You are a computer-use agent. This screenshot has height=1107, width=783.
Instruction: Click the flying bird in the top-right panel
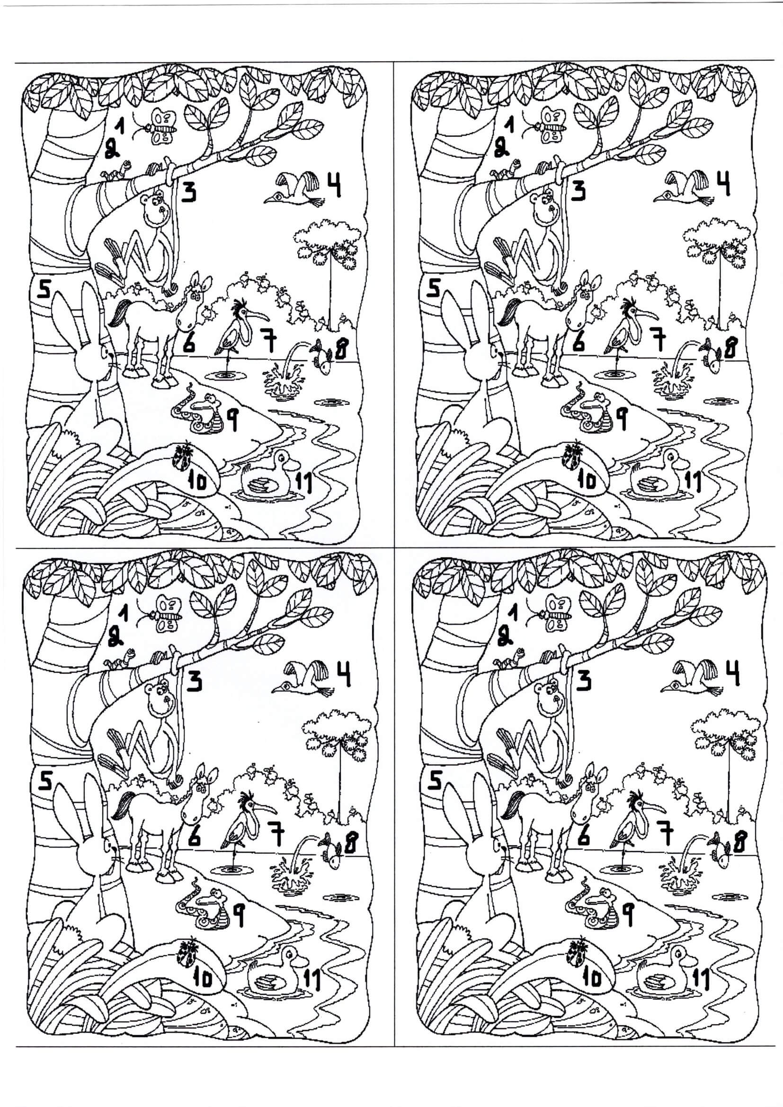pos(685,188)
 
